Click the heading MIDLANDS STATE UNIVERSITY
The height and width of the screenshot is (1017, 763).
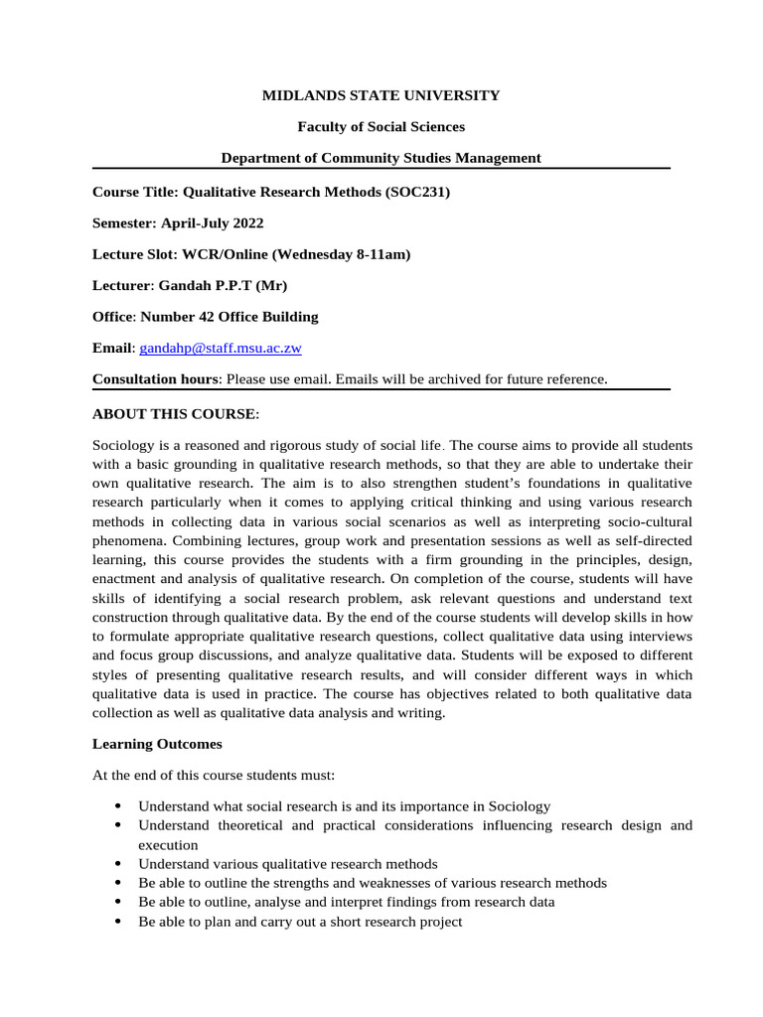coord(381,95)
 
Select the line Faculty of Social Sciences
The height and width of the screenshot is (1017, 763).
coord(381,126)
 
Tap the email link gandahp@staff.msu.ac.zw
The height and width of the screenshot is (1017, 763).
coord(221,348)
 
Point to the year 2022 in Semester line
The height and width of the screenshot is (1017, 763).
coord(247,223)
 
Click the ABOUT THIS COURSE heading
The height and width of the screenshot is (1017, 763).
coord(175,413)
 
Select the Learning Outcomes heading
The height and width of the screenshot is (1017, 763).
coord(157,743)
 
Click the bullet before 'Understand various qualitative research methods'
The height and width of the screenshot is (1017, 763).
coord(118,864)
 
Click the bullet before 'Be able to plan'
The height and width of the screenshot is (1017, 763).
coord(118,922)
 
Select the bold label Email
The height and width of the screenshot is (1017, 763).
coord(112,348)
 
